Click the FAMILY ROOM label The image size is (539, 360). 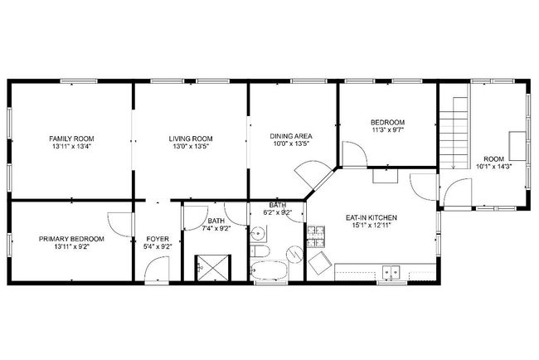click(71, 139)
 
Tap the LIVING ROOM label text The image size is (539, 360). click(191, 139)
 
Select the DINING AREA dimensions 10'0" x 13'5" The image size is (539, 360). click(291, 144)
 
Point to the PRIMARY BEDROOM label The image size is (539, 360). click(71, 239)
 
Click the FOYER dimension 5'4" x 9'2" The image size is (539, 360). click(158, 246)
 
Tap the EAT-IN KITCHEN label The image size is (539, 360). click(371, 217)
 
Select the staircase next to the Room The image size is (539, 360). click(454, 133)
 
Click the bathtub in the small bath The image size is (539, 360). click(269, 270)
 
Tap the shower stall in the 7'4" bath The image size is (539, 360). click(213, 268)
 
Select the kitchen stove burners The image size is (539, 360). click(316, 237)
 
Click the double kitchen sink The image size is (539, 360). click(391, 272)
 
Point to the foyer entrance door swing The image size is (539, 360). click(157, 270)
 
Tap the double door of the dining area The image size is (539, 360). click(313, 175)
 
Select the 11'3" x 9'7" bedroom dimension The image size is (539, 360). click(387, 130)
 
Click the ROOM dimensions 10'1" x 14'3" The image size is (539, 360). click(494, 167)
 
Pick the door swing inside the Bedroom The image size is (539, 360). click(355, 153)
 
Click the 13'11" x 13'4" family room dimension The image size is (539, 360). click(71, 147)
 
